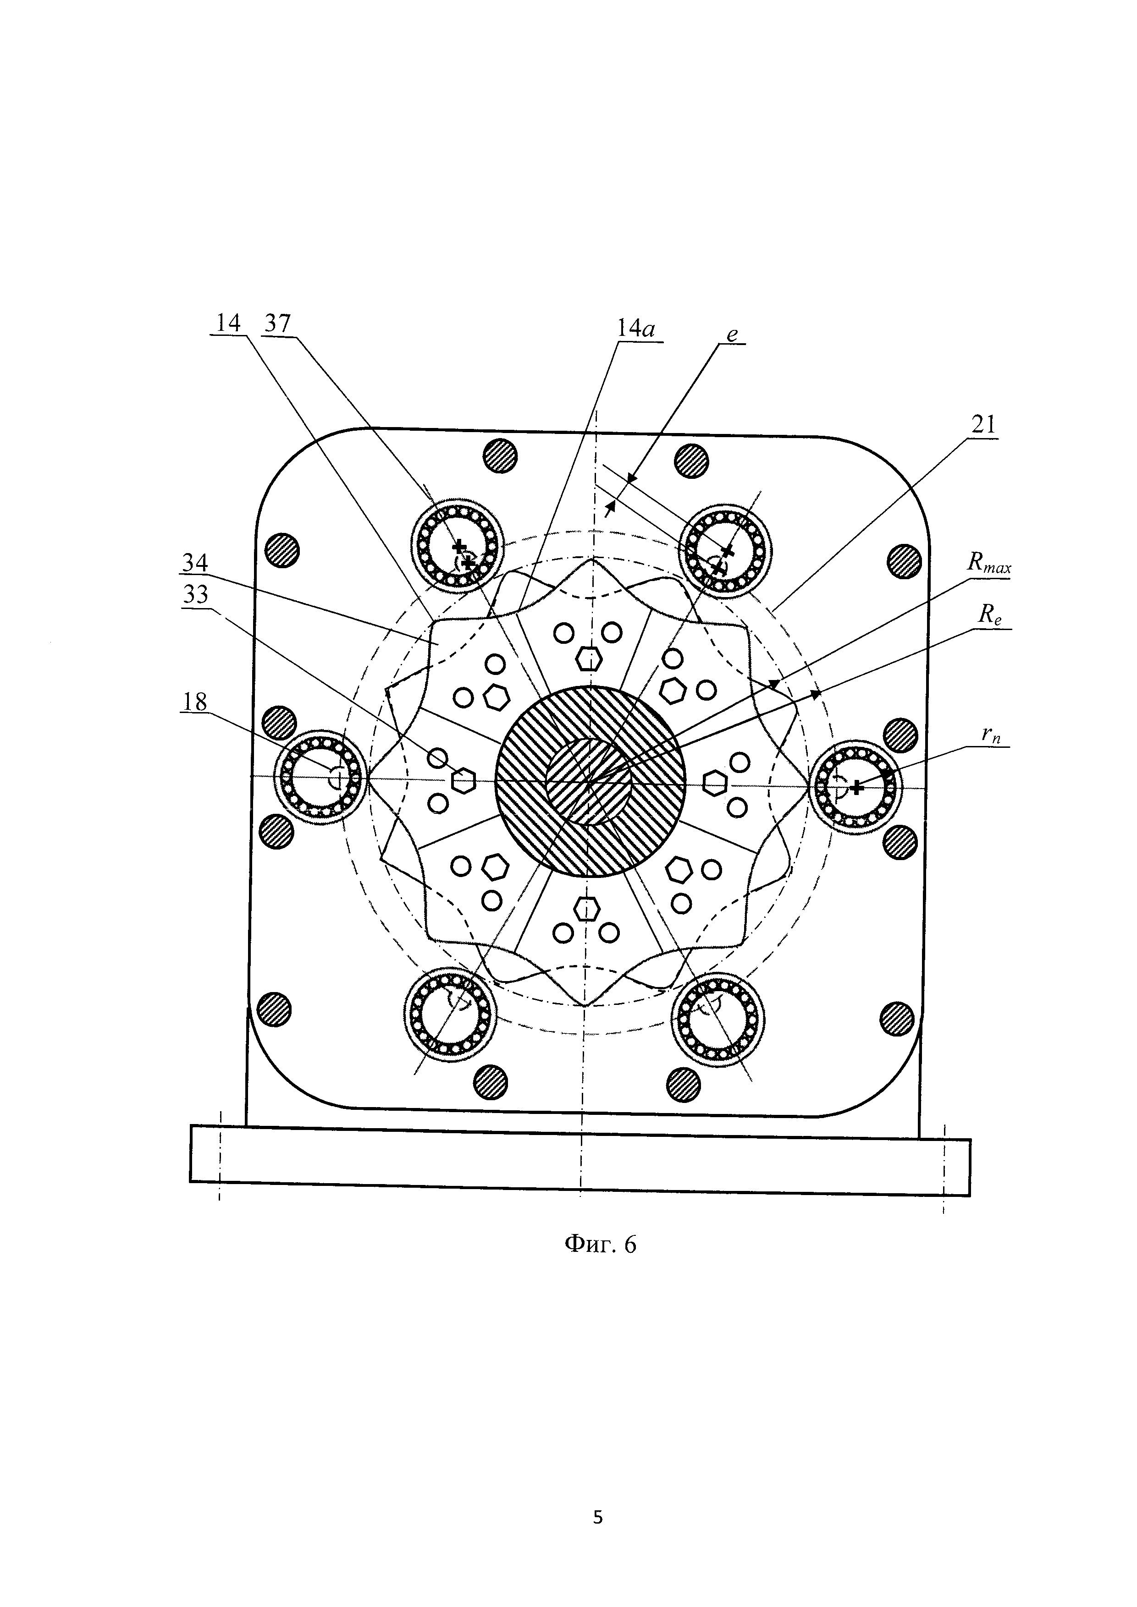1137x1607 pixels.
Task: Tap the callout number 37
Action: (x=277, y=324)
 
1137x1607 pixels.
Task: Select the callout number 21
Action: (x=984, y=424)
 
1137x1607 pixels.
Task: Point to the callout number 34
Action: (x=195, y=563)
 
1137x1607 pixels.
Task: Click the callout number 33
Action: (x=195, y=594)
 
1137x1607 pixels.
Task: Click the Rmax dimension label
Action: (x=988, y=564)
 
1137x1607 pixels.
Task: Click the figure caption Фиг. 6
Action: (x=600, y=1243)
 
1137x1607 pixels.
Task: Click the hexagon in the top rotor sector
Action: (x=590, y=658)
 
